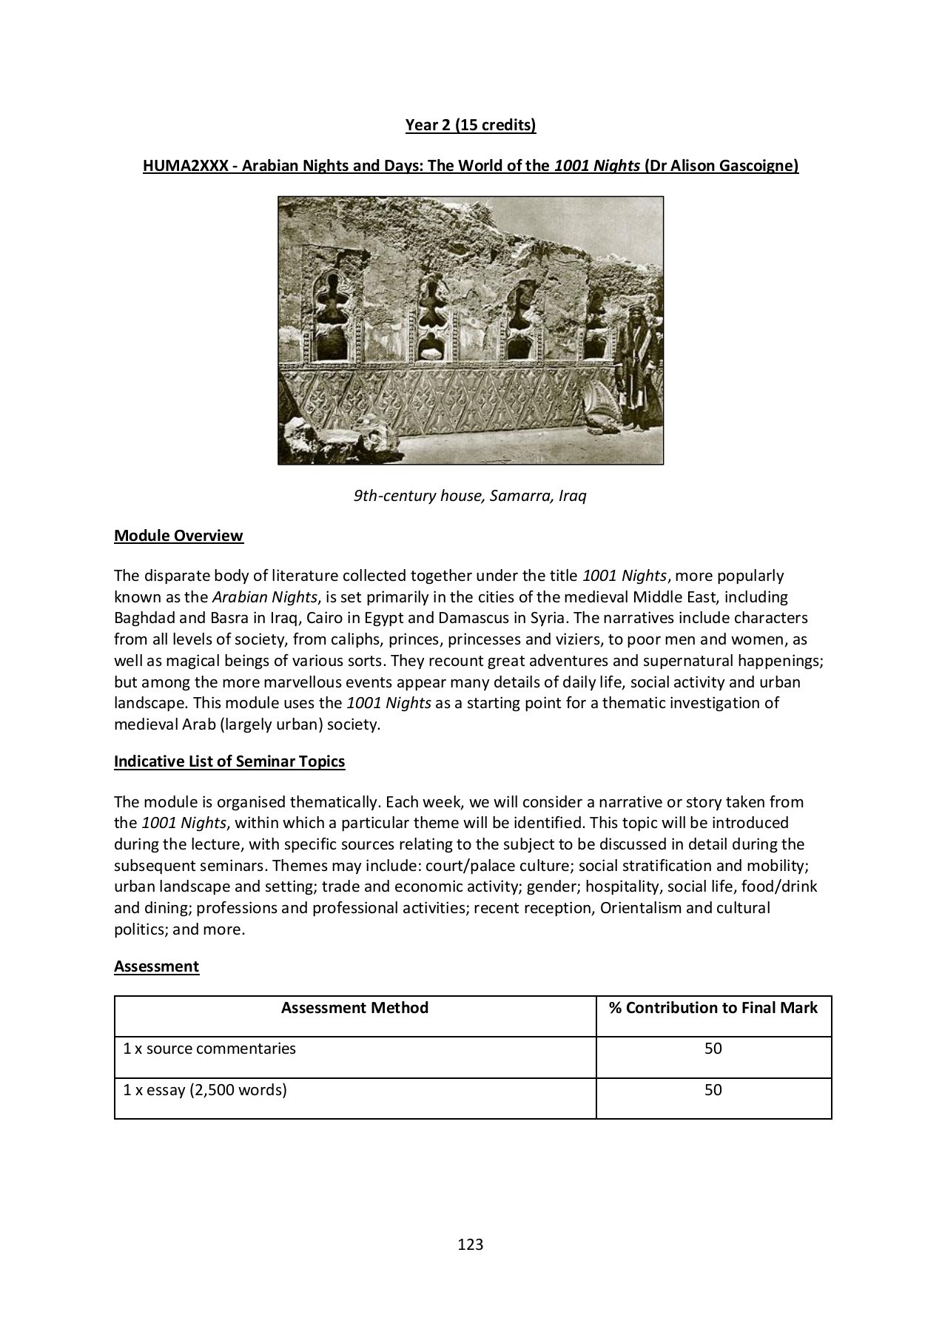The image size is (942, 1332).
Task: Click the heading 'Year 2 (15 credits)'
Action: click(471, 125)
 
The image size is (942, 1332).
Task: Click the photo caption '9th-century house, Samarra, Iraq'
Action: click(470, 496)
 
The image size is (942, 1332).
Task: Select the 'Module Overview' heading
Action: click(178, 536)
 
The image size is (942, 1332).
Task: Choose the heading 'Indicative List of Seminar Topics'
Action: click(229, 761)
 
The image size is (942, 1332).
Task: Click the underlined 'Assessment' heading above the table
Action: click(156, 966)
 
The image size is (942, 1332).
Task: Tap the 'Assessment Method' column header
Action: click(354, 1008)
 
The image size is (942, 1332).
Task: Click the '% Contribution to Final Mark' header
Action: click(713, 1008)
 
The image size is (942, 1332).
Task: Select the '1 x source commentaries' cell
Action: click(209, 1049)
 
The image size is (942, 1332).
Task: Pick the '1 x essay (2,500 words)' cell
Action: click(205, 1090)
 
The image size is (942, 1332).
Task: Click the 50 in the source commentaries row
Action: click(713, 1049)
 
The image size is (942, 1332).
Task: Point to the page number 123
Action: click(471, 1245)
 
